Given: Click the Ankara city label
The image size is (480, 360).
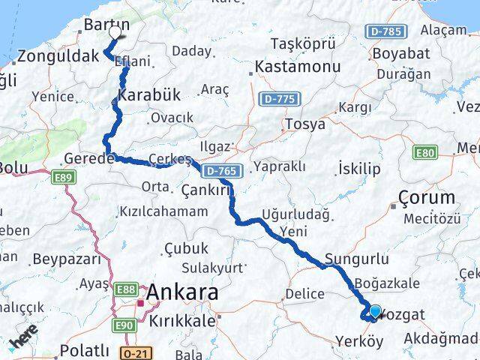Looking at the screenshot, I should pyautogui.click(x=178, y=291).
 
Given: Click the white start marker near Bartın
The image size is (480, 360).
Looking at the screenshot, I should pyautogui.click(x=115, y=33).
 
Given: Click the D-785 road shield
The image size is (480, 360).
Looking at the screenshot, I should pyautogui.click(x=387, y=31).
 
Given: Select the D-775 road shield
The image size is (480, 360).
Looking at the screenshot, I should pyautogui.click(x=278, y=98).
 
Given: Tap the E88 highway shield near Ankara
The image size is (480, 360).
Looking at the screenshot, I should pyautogui.click(x=127, y=288).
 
